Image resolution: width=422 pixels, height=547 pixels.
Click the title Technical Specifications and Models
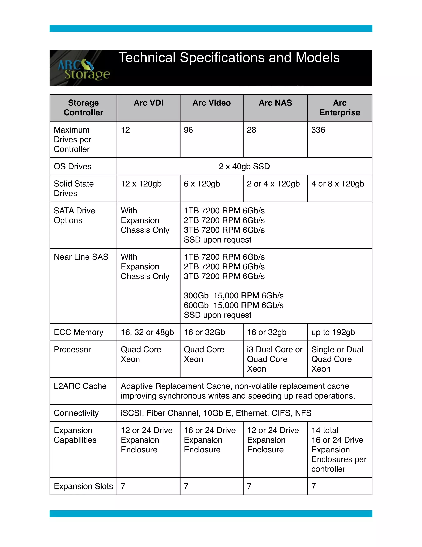pyautogui.click(x=229, y=58)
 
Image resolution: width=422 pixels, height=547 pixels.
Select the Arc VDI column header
pyautogui.click(x=149, y=103)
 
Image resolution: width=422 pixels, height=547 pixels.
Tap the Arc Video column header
pyautogui.click(x=211, y=103)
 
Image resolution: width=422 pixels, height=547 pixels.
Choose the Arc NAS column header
pyautogui.click(x=275, y=103)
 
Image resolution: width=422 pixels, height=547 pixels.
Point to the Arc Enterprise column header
pyautogui.click(x=340, y=108)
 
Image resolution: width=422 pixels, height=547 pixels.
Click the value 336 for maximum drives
pyautogui.click(x=318, y=130)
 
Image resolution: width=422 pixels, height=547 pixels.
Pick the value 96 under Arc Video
pyautogui.click(x=188, y=130)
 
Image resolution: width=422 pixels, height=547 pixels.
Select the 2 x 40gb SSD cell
pyautogui.click(x=244, y=167)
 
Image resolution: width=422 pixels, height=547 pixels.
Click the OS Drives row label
pyautogui.click(x=73, y=167)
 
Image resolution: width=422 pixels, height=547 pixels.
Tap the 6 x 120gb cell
pyautogui.click(x=202, y=184)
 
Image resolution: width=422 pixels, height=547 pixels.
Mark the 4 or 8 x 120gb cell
pyautogui.click(x=338, y=184)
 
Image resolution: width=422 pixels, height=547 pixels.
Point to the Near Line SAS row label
pyautogui.click(x=81, y=257)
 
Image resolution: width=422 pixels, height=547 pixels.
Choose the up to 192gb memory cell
pyautogui.click(x=333, y=332)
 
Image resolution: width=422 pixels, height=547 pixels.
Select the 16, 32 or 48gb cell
pyautogui.click(x=147, y=332)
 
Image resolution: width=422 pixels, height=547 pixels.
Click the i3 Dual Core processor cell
pyautogui.click(x=275, y=359)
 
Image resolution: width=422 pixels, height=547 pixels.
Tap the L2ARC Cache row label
pyautogui.click(x=80, y=386)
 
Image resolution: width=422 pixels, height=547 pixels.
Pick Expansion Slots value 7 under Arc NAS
pyautogui.click(x=249, y=486)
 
